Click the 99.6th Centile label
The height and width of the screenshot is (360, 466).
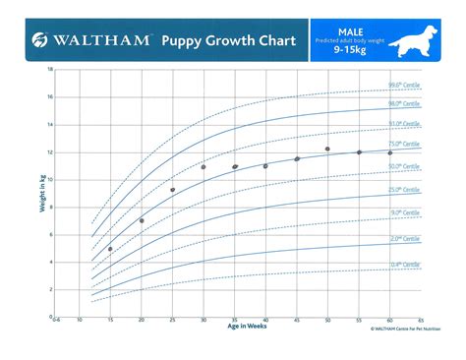(x=406, y=86)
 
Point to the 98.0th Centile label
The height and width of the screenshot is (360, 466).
(x=406, y=104)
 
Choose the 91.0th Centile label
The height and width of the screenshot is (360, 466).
(x=406, y=124)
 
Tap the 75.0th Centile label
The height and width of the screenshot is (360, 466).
(x=406, y=144)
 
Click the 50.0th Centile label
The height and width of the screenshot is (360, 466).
(x=406, y=166)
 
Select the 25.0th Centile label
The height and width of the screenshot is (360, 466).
(x=406, y=189)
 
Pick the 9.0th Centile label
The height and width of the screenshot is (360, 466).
(x=406, y=211)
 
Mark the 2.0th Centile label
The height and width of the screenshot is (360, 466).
(x=406, y=238)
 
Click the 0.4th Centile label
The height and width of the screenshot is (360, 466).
(x=406, y=265)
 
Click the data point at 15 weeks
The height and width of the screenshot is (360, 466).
(x=110, y=249)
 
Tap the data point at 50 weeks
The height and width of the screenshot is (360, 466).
(x=327, y=150)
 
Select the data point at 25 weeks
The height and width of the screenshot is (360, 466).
(x=172, y=190)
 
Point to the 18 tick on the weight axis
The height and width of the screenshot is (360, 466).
(x=50, y=71)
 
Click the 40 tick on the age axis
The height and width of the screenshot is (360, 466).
(x=265, y=321)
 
